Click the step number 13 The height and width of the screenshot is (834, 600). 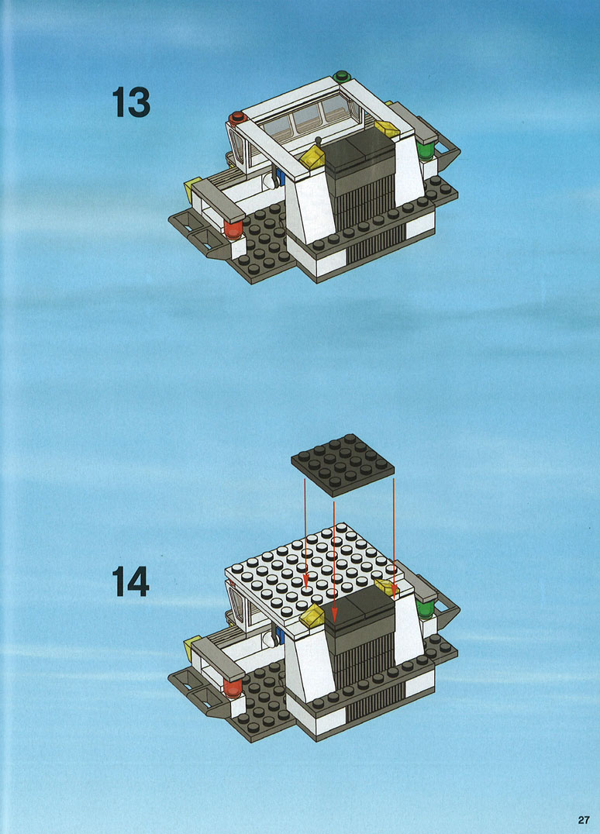(131, 102)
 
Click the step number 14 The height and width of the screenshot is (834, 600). (131, 581)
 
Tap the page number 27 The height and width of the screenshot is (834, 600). (584, 819)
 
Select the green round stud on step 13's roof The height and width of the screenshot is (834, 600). (342, 76)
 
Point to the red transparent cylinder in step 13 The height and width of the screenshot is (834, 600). (233, 229)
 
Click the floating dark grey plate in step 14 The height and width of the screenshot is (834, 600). (343, 464)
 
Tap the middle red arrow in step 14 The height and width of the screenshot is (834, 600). (333, 561)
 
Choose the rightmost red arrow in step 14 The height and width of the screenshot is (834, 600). (394, 537)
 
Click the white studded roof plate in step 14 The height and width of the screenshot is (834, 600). (314, 572)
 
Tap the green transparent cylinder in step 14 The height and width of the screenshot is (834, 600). (425, 608)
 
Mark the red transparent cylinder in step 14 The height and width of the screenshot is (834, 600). (233, 688)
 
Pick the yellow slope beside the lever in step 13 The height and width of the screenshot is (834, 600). (313, 158)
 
